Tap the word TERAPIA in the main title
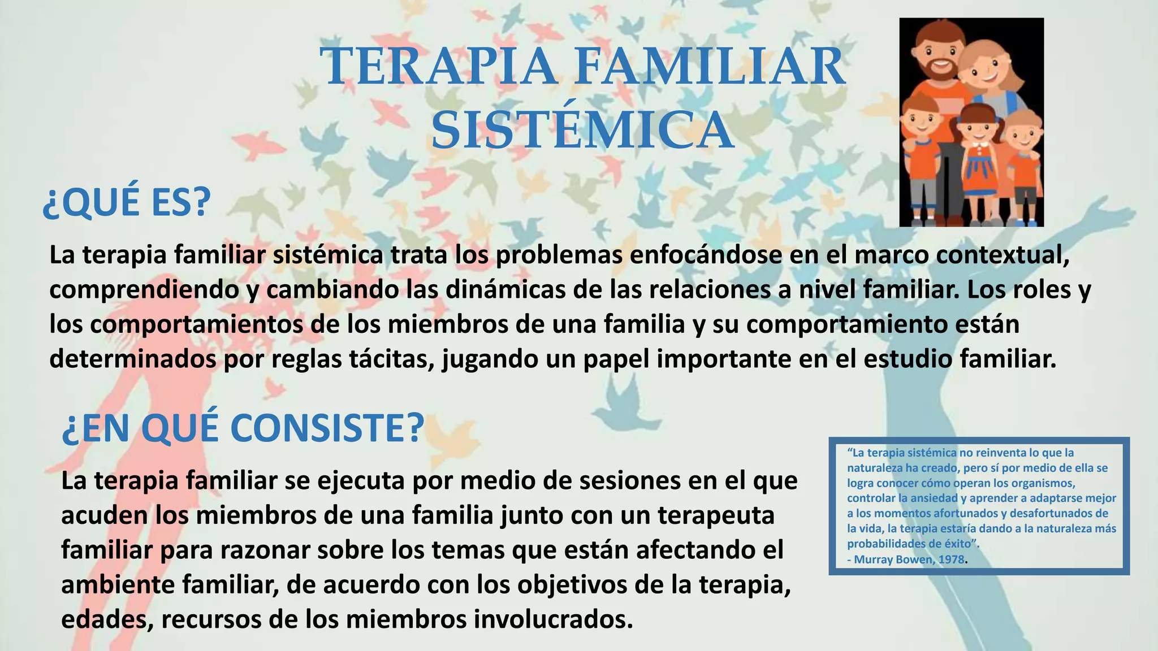tap(439, 66)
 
